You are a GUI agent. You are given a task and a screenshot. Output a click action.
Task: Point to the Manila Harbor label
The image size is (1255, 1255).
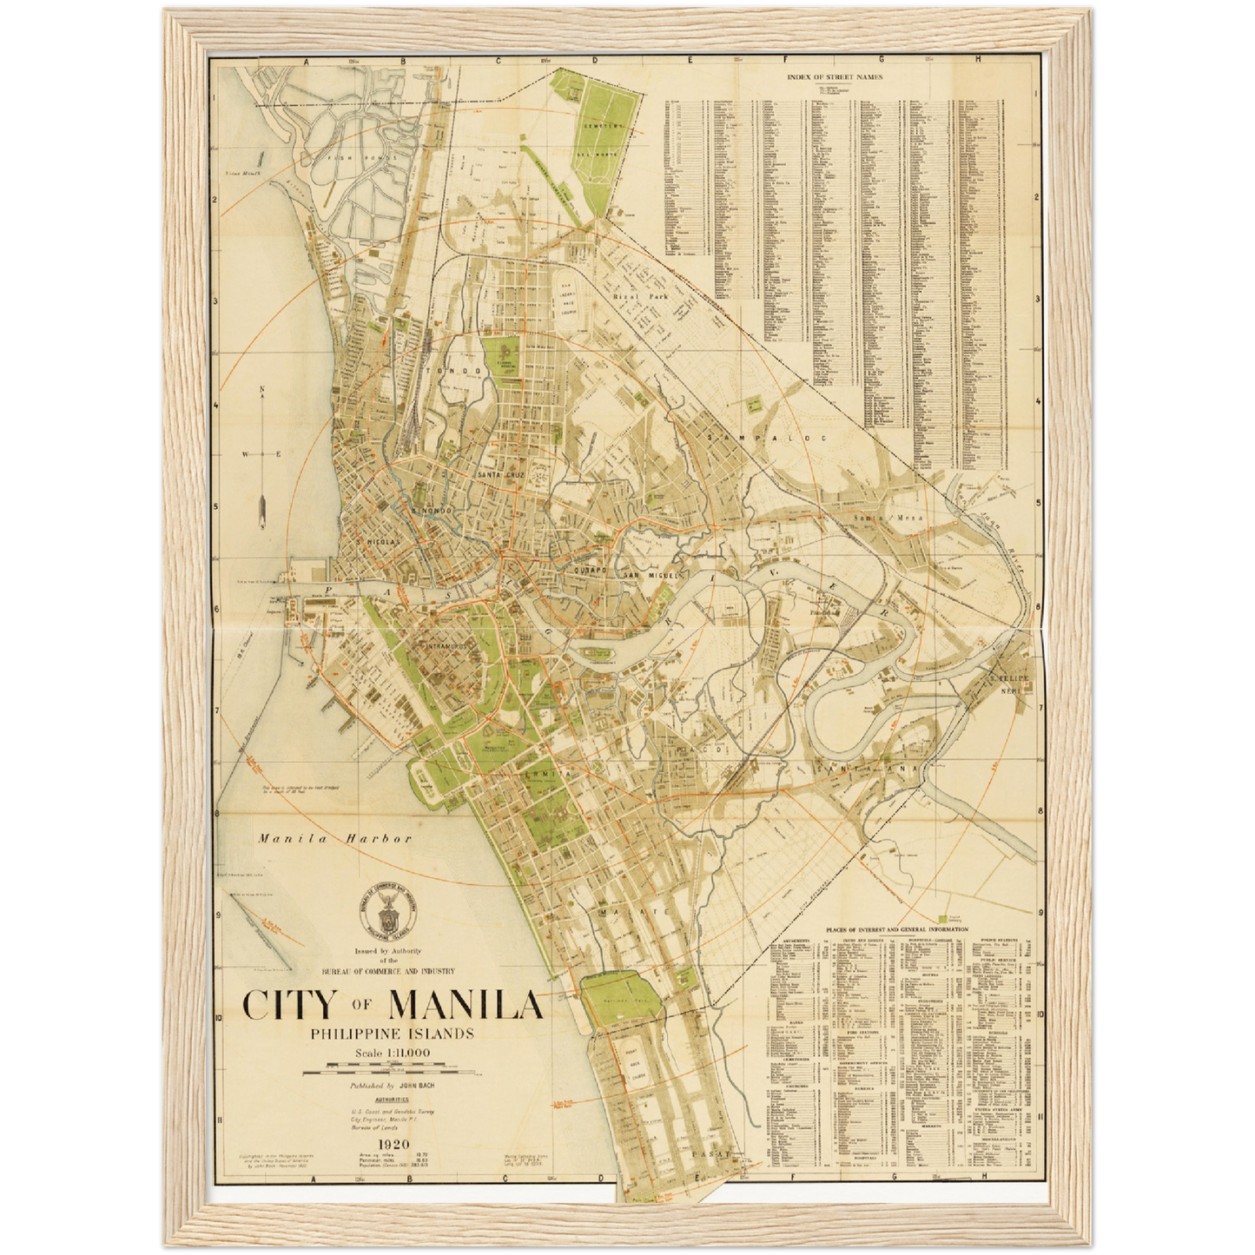[x=334, y=839]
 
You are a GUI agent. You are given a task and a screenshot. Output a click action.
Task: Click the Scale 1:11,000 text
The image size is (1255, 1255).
[x=392, y=1054]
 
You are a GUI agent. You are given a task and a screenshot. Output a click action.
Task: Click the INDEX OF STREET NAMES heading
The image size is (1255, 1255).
[x=834, y=76]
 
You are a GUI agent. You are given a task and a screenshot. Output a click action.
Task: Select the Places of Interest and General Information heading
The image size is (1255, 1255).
[x=897, y=929]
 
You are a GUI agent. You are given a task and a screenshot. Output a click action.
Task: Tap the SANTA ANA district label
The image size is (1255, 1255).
[x=871, y=770]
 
